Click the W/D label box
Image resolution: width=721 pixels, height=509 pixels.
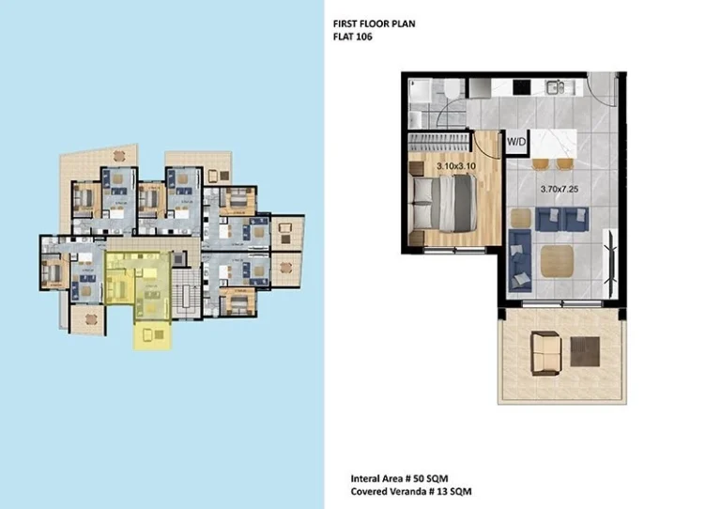tap(516, 143)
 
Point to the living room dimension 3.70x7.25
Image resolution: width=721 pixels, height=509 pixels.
tap(560, 189)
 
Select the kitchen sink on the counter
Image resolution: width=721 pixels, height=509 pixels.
tap(557, 87)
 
